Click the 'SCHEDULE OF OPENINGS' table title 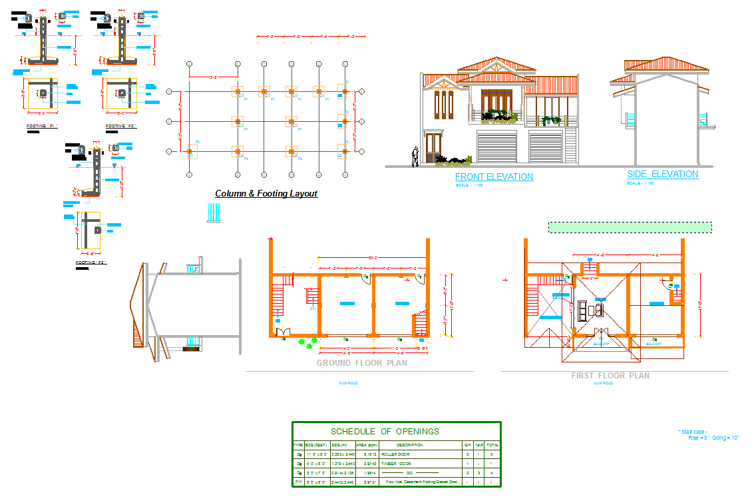[x=385, y=431]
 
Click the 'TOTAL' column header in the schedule [x=492, y=444]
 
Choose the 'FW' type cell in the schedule [x=298, y=481]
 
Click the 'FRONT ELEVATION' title [x=494, y=177]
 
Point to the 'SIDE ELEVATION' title [x=662, y=174]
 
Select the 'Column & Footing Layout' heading [x=266, y=194]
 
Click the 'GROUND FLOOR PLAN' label [x=361, y=363]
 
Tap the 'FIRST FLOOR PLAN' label [x=610, y=376]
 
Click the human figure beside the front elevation [x=415, y=156]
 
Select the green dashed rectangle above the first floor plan [x=630, y=227]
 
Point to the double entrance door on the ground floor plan [x=283, y=331]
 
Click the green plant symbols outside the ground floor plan [x=307, y=342]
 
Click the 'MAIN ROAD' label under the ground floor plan [x=348, y=383]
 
